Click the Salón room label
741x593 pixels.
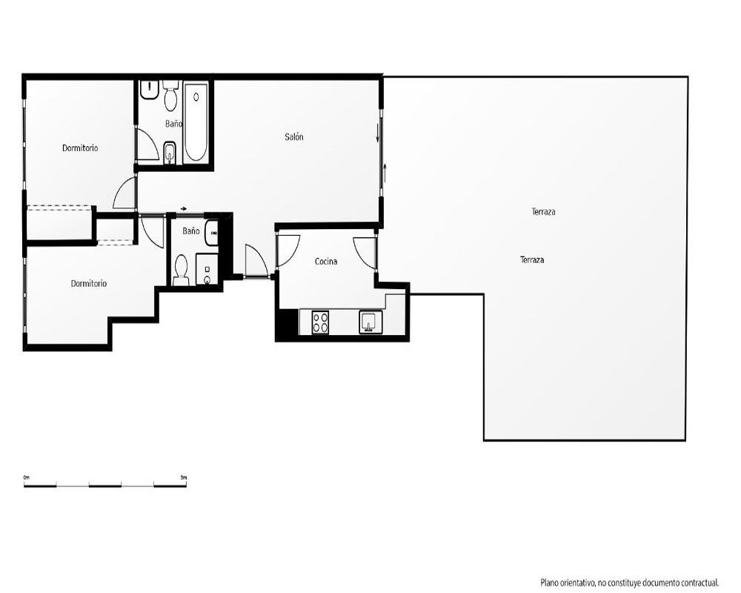click(x=294, y=137)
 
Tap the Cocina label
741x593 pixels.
click(x=326, y=261)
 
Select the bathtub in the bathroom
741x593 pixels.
click(x=196, y=122)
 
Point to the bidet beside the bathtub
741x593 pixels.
click(x=170, y=153)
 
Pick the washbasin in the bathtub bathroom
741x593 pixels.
click(x=150, y=90)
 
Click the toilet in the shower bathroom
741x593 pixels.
click(x=181, y=270)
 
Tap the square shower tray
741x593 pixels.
click(x=207, y=269)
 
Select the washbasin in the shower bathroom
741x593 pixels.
click(x=212, y=233)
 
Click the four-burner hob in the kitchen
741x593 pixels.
click(x=320, y=322)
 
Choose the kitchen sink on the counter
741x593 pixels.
click(x=370, y=322)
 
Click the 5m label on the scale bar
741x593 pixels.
click(x=184, y=477)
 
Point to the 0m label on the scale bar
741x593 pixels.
click(x=27, y=477)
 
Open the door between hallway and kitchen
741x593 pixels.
click(x=288, y=251)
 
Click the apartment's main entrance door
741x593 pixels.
click(x=256, y=261)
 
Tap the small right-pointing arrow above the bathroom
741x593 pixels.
click(x=184, y=208)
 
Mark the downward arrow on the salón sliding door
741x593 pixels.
click(x=378, y=133)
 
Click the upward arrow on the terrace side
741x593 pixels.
click(x=385, y=173)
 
